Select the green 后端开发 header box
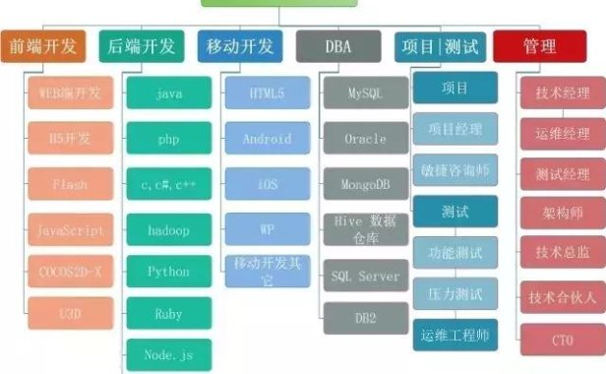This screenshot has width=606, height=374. click(x=143, y=46)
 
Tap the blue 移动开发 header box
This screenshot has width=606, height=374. click(x=243, y=46)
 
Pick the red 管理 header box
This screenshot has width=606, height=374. click(x=539, y=46)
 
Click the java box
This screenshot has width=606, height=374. click(x=168, y=95)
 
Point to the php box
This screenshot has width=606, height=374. click(x=168, y=140)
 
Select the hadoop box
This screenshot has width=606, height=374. click(x=168, y=230)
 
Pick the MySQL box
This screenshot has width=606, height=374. click(x=365, y=94)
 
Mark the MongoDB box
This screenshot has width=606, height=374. click(x=365, y=184)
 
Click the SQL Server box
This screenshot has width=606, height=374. click(x=365, y=277)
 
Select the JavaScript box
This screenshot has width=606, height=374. click(x=71, y=230)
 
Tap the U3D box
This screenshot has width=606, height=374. click(x=71, y=313)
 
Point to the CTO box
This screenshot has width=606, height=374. click(x=562, y=340)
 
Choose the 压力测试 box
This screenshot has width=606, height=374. click(x=455, y=292)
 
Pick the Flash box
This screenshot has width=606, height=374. click(x=71, y=184)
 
